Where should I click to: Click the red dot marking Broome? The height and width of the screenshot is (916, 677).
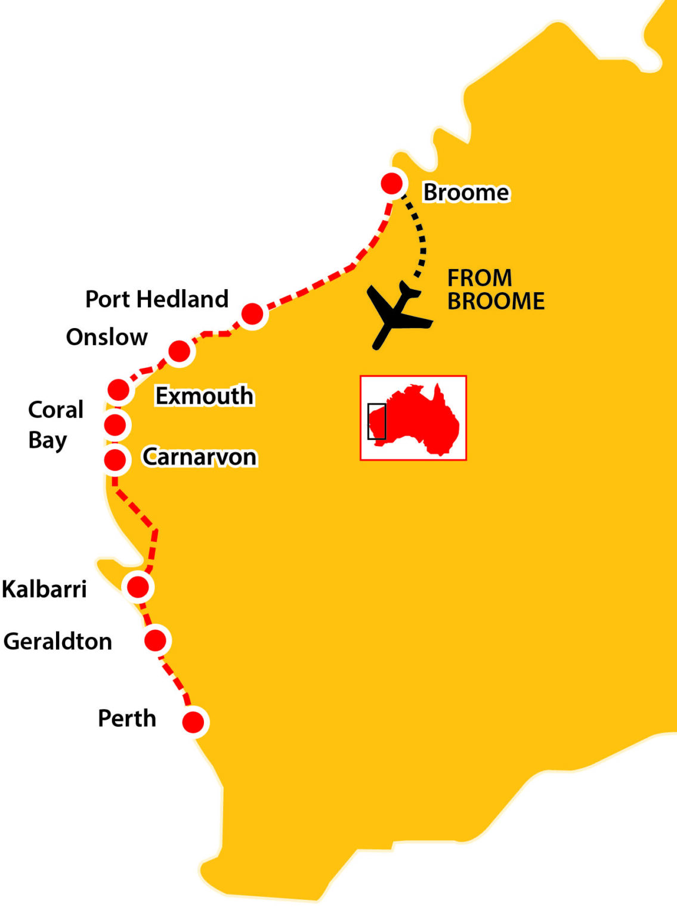[392, 183]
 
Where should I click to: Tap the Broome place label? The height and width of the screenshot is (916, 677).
[466, 193]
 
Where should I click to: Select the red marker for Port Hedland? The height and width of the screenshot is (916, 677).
[252, 313]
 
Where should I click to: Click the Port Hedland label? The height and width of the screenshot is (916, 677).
[157, 299]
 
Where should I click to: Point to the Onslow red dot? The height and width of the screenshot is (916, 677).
[179, 351]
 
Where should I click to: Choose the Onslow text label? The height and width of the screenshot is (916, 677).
[107, 337]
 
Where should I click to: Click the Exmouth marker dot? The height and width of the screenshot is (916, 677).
[119, 390]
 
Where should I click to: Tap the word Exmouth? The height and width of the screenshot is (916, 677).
[204, 396]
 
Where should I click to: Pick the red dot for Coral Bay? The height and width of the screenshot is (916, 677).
[115, 425]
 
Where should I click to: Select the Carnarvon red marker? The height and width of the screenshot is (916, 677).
[115, 460]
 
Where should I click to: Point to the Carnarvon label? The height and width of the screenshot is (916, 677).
[199, 457]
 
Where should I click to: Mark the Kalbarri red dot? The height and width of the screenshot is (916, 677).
[138, 587]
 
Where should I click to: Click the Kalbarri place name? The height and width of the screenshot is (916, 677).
[45, 589]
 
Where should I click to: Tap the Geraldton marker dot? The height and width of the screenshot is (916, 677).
[155, 640]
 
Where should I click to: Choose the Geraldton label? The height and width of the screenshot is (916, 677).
[58, 642]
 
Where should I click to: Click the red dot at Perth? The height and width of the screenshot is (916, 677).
[193, 722]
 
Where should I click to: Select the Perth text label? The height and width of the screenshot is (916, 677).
[126, 719]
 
